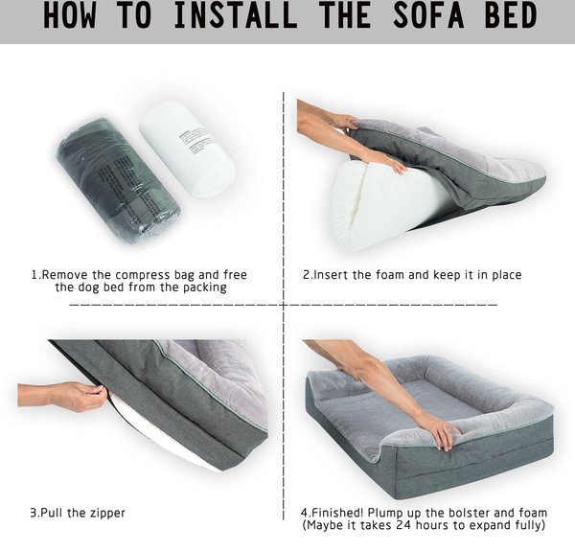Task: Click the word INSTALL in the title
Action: [236, 15]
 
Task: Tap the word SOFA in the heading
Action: [428, 15]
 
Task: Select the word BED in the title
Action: [511, 15]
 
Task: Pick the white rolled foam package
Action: [187, 149]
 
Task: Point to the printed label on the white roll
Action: [196, 142]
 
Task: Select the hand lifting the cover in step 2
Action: [343, 121]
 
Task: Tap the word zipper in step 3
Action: [106, 513]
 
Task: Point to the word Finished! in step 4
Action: [337, 512]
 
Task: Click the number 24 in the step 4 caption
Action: [404, 525]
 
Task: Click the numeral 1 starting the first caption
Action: [34, 275]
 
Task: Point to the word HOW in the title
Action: [71, 15]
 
